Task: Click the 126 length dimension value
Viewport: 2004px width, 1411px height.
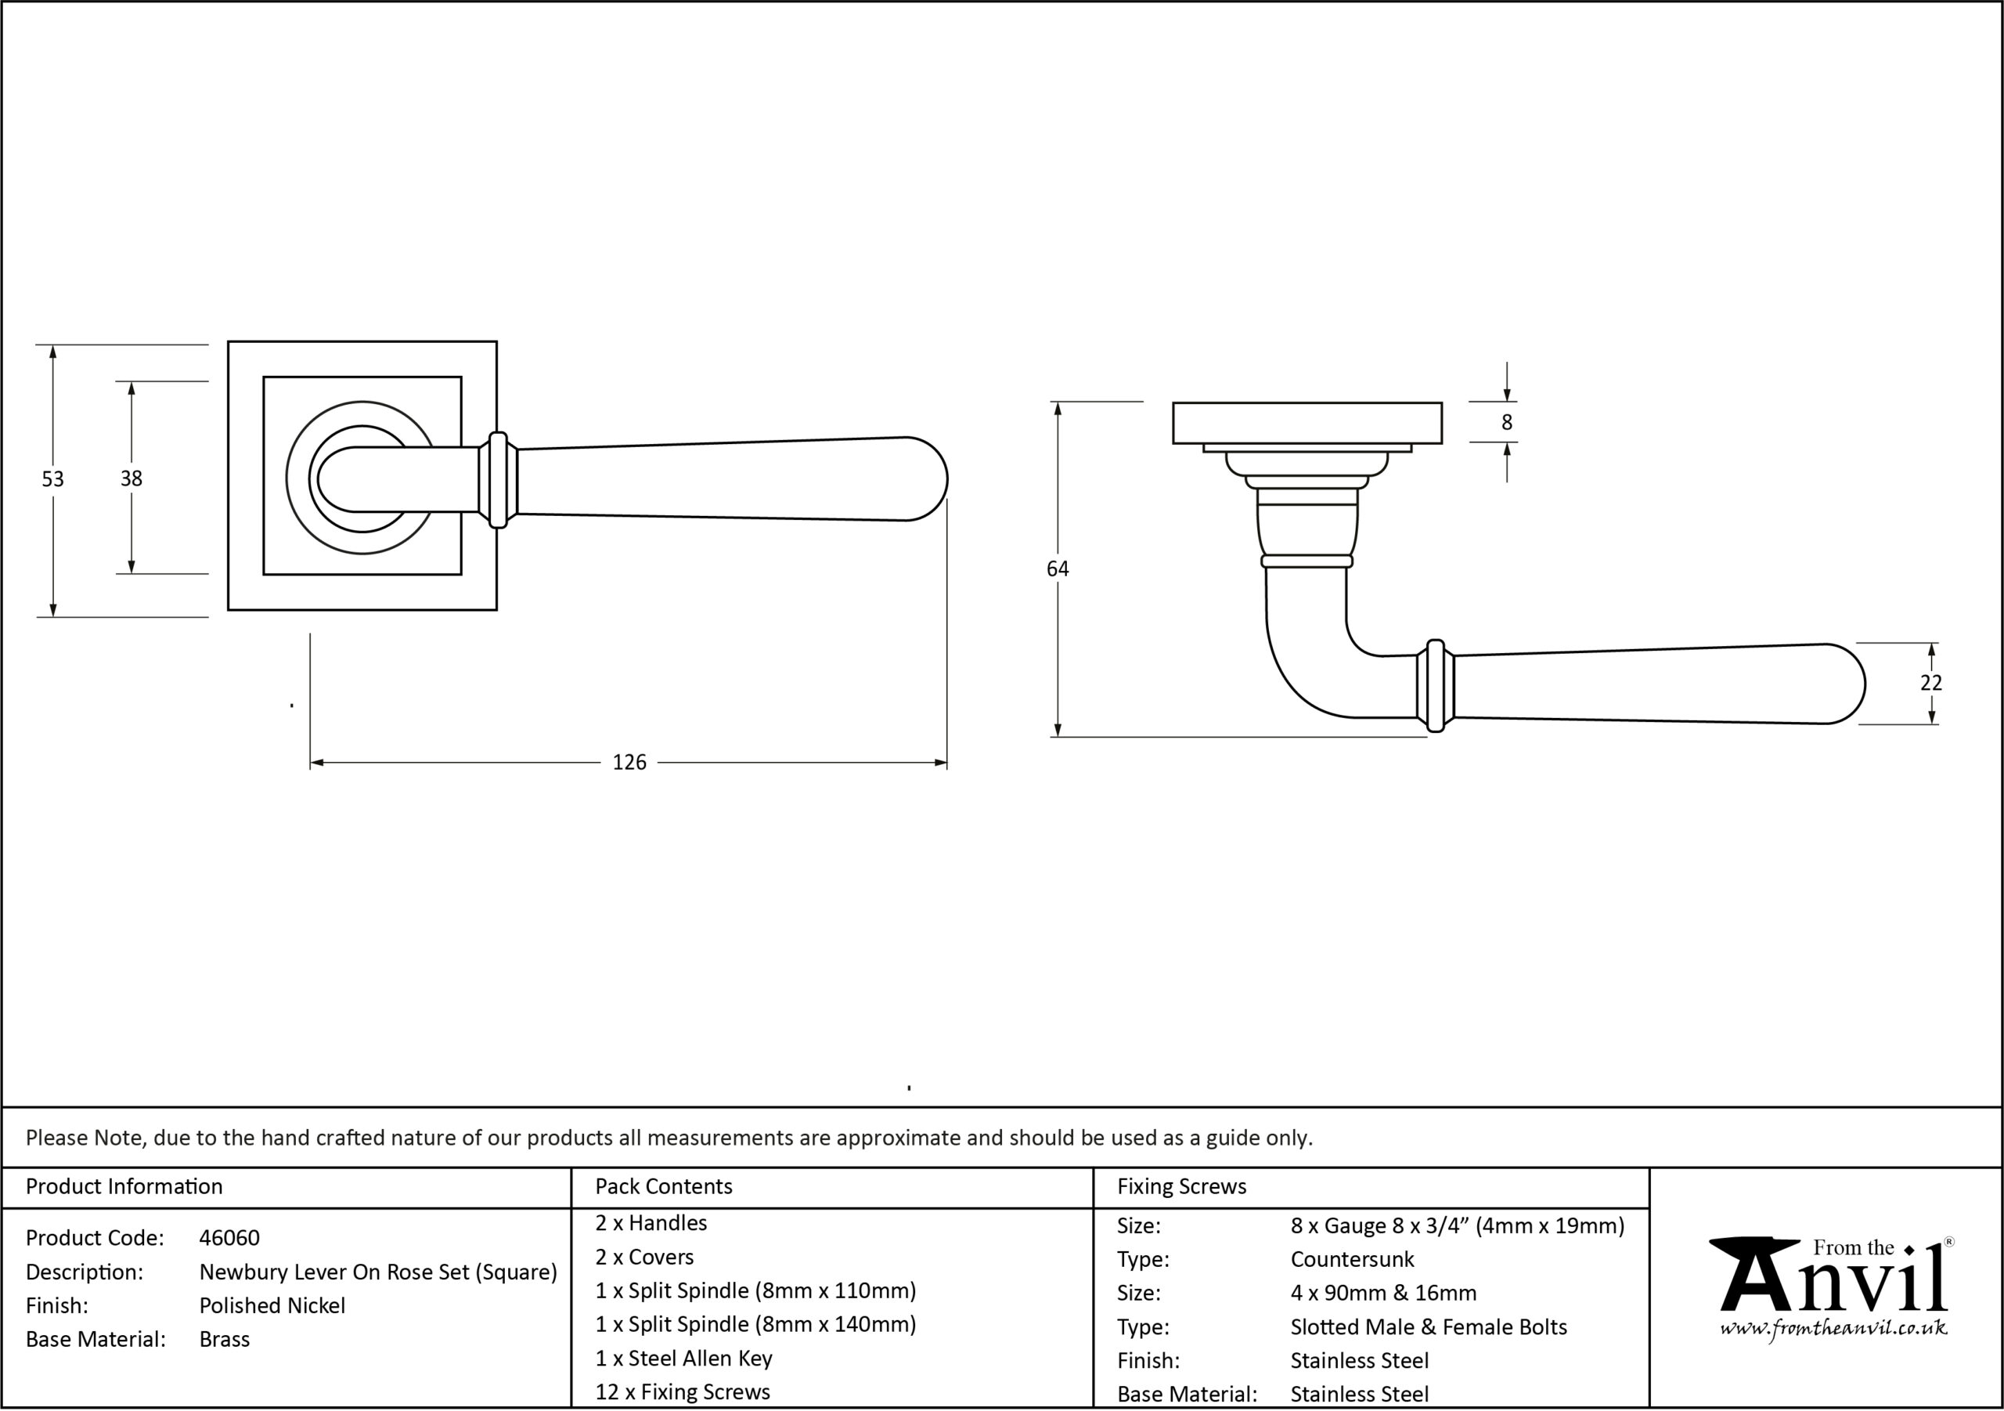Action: click(629, 762)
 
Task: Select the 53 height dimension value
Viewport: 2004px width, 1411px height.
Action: click(53, 478)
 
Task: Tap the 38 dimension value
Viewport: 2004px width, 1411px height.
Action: click(131, 478)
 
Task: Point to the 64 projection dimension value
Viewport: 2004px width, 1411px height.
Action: click(1057, 568)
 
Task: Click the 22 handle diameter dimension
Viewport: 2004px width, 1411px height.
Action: click(1931, 683)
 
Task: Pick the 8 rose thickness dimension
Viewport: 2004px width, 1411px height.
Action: click(1506, 422)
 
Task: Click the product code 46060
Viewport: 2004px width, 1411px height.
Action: click(229, 1237)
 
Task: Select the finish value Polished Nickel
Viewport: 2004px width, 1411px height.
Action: click(272, 1305)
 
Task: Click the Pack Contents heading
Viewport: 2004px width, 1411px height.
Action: click(663, 1185)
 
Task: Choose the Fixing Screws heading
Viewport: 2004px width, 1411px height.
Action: click(1182, 1185)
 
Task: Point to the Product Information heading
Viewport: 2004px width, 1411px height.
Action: click(124, 1185)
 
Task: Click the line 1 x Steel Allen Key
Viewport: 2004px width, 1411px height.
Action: click(683, 1358)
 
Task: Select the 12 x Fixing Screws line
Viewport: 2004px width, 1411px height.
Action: click(683, 1391)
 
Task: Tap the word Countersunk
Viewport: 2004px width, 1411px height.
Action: click(1352, 1259)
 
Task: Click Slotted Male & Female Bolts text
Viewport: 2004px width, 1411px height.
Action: click(1429, 1327)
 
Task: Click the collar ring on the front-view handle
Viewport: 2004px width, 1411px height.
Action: click(498, 479)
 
